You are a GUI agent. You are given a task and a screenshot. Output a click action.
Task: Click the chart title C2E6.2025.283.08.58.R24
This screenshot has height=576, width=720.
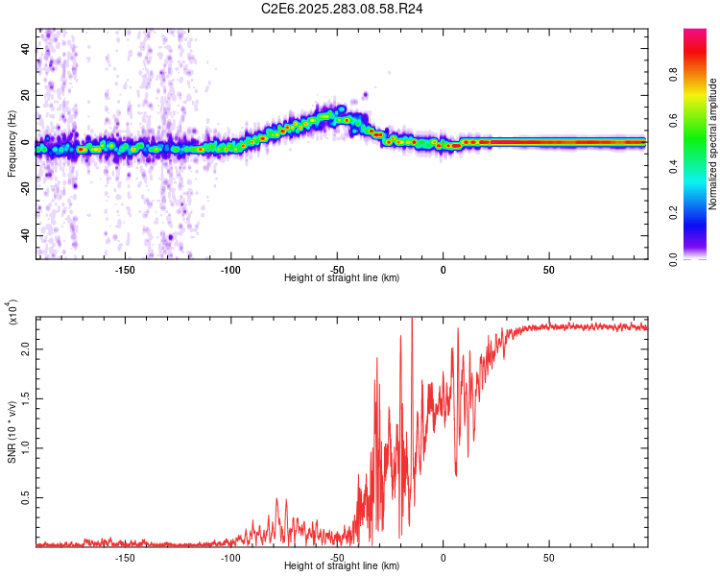343,9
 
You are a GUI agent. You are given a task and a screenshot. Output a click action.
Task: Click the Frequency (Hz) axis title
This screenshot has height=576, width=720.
12,143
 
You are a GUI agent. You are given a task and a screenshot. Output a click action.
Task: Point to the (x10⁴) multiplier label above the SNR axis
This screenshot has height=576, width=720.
13,311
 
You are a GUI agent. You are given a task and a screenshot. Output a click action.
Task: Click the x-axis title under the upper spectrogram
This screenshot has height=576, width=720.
342,277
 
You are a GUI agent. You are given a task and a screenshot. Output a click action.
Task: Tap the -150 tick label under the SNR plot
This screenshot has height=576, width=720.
125,558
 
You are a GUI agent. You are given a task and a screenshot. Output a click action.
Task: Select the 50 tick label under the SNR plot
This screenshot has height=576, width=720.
548,558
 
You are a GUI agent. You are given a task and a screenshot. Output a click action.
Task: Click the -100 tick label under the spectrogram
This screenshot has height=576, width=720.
230,270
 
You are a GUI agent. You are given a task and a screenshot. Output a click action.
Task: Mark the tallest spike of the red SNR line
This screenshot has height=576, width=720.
411,320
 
